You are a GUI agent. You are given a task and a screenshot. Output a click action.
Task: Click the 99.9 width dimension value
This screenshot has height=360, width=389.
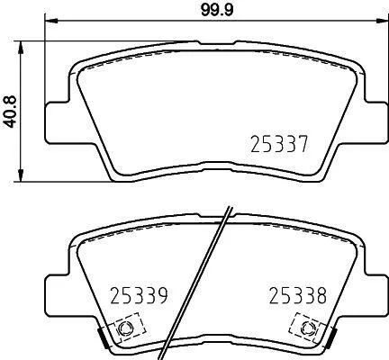click(217, 11)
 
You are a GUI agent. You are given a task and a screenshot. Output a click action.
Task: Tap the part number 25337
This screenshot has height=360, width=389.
click(279, 144)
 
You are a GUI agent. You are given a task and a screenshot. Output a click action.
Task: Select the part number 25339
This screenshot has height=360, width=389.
click(139, 295)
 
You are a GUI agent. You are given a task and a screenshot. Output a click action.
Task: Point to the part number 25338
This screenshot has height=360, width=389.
click(297, 295)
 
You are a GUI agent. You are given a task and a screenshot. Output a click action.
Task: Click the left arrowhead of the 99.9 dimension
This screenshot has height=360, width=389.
click(50, 21)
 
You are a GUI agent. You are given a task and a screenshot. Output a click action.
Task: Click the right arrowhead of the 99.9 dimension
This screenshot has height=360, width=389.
click(382, 21)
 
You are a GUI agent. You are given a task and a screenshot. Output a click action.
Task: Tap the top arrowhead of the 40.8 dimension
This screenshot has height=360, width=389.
click(21, 48)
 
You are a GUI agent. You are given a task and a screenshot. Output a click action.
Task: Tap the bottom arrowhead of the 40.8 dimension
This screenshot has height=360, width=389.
click(21, 175)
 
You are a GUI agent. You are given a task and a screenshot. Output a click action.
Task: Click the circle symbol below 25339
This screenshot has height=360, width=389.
click(125, 328)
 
